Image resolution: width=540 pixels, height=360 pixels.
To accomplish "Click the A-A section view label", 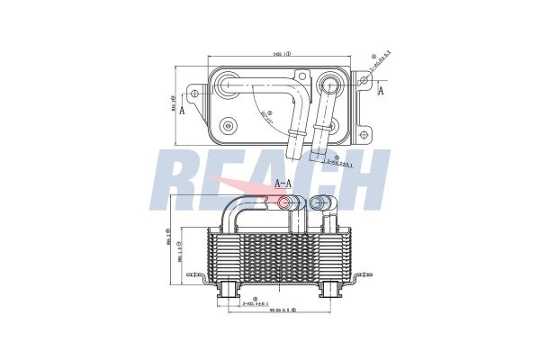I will click(283, 183).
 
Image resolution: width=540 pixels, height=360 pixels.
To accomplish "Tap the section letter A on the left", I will click(183, 110).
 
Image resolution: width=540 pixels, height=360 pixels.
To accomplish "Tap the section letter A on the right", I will click(381, 91).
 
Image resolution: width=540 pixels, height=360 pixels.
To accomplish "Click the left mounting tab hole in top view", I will click(195, 94).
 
